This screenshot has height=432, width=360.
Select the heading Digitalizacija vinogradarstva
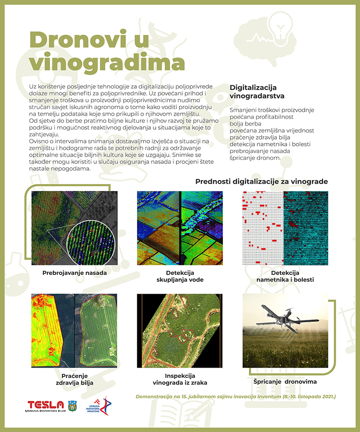[257, 91]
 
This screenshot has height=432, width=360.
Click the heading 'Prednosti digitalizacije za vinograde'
[261, 182]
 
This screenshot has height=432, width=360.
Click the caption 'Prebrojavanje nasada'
[74, 273]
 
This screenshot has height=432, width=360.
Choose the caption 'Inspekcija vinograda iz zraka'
[180, 379]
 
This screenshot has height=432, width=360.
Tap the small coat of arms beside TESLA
[72, 405]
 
